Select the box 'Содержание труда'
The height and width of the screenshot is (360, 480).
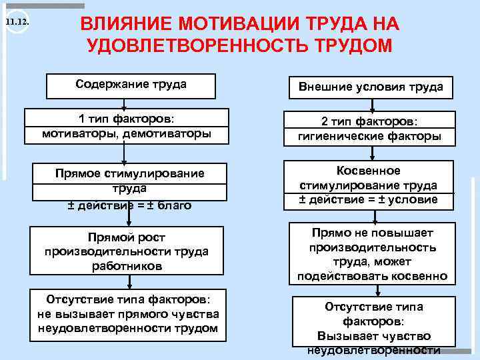pyautogui.click(x=131, y=85)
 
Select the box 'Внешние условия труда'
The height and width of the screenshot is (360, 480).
pyautogui.click(x=370, y=87)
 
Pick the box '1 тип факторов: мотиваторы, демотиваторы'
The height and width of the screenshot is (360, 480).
pyautogui.click(x=127, y=126)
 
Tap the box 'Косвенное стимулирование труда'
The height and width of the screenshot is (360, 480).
pyautogui.click(x=369, y=185)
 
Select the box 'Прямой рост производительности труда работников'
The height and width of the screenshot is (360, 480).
pyautogui.click(x=127, y=252)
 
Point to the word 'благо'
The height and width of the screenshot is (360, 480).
pyautogui.click(x=174, y=205)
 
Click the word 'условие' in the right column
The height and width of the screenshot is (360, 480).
pyautogui.click(x=415, y=199)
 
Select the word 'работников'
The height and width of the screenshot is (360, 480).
pyautogui.click(x=127, y=265)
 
